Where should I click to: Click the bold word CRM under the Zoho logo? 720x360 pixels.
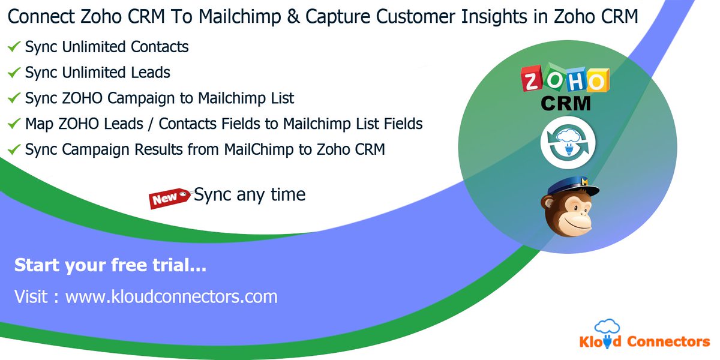pos(565,104)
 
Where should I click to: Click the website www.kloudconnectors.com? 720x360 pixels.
pos(171,296)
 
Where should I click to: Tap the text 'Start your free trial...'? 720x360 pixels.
pos(110,265)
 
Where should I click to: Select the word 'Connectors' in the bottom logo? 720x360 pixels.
pos(668,342)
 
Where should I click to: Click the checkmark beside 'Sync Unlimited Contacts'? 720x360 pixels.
pos(14,46)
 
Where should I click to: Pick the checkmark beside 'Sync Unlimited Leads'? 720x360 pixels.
pos(14,73)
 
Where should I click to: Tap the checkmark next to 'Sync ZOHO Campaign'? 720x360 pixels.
pos(14,98)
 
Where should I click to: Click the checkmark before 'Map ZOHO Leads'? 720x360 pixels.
pos(14,124)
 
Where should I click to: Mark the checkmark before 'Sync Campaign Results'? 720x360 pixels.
pos(14,149)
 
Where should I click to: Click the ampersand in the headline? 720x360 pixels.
pos(292,17)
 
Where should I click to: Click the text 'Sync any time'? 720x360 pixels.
pos(250,194)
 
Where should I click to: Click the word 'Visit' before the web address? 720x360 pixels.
pos(31,296)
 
